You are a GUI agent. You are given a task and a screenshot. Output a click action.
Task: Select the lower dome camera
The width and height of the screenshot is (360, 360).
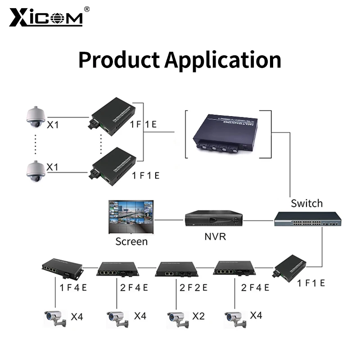(x=35, y=170)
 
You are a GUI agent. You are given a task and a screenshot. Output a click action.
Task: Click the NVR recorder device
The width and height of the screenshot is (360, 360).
(x=213, y=219)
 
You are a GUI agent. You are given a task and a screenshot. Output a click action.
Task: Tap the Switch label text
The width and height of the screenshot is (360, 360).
(x=306, y=203)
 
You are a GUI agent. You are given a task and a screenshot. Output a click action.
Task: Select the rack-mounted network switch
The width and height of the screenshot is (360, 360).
(x=308, y=220)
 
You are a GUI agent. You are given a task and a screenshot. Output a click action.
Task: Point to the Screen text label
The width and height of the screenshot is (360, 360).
(x=131, y=241)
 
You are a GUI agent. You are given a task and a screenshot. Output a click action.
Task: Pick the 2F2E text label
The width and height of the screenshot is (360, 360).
(x=194, y=287)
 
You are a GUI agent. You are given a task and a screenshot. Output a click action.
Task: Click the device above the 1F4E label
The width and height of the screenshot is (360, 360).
(x=62, y=268)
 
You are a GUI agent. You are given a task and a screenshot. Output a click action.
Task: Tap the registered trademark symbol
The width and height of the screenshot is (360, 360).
(x=87, y=9)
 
